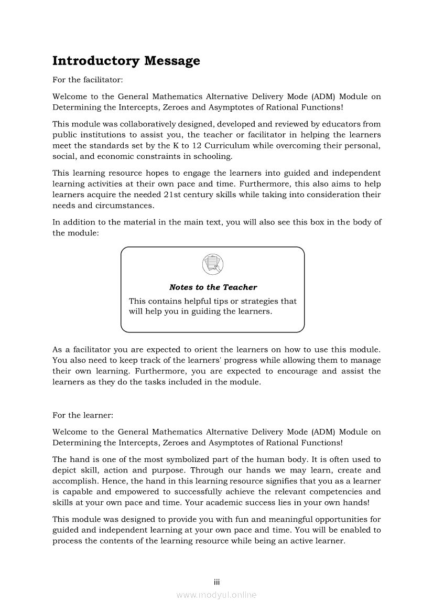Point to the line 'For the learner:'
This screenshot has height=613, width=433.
83,415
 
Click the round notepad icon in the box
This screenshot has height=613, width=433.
212,264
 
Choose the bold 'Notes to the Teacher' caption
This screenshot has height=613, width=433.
213,287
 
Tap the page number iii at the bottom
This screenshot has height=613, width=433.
216,582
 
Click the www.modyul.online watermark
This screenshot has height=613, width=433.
216,595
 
